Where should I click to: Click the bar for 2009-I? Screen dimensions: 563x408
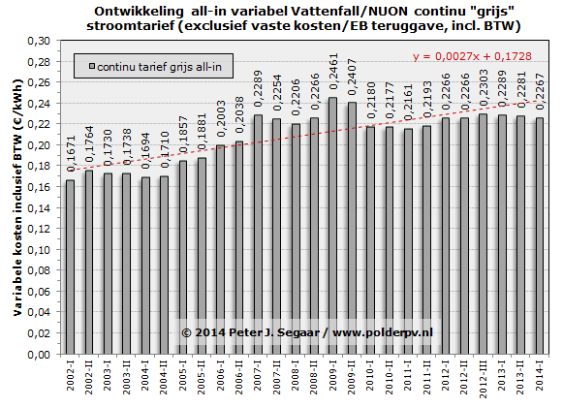[x=333, y=226]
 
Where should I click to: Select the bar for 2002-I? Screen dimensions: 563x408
[x=71, y=267]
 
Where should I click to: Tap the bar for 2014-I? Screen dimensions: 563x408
[x=540, y=235]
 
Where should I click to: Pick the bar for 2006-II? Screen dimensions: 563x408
[x=239, y=247]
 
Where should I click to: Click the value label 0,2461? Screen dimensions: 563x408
[x=333, y=72]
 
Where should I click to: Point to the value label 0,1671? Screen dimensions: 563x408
[x=71, y=154]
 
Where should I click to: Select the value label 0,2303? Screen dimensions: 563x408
[x=484, y=88]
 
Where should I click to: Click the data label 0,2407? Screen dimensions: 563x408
[x=352, y=78]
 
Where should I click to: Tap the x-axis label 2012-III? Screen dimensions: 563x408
[x=484, y=378]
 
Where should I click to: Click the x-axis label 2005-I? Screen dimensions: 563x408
[x=183, y=375]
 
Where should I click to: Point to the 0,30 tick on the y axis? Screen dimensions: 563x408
[x=39, y=41]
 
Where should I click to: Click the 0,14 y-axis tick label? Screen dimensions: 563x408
[x=39, y=208]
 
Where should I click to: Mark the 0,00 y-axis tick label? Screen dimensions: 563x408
[x=39, y=355]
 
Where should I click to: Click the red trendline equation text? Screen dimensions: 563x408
[x=472, y=56]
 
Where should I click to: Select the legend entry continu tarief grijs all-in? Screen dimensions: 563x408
[x=155, y=67]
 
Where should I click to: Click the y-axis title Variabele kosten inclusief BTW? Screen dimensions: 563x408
[x=17, y=197]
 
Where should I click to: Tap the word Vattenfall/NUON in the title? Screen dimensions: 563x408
[x=350, y=11]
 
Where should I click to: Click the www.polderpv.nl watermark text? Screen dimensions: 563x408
[x=383, y=333]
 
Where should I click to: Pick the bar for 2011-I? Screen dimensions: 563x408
[x=408, y=241]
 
